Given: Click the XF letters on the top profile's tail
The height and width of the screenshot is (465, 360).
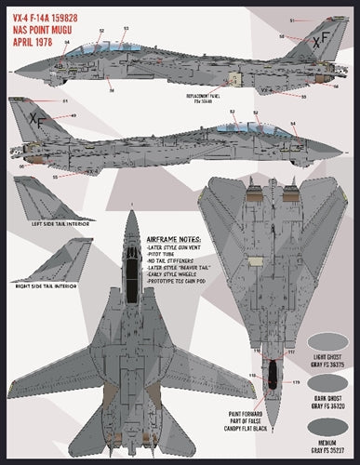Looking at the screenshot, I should pos(320,42).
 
